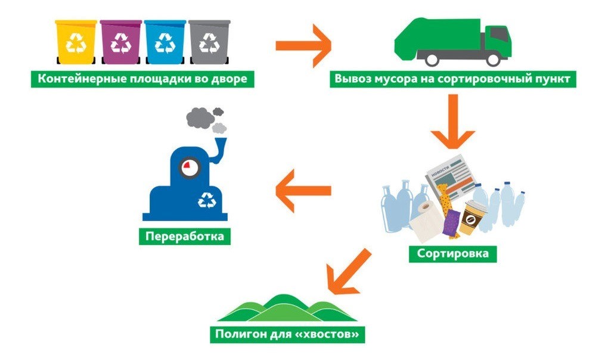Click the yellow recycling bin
[76, 42]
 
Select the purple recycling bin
[120, 42]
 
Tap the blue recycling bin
[165, 42]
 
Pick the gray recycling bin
[209, 42]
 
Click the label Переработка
[185, 237]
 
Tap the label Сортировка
[453, 253]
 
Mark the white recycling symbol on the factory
[209, 200]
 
